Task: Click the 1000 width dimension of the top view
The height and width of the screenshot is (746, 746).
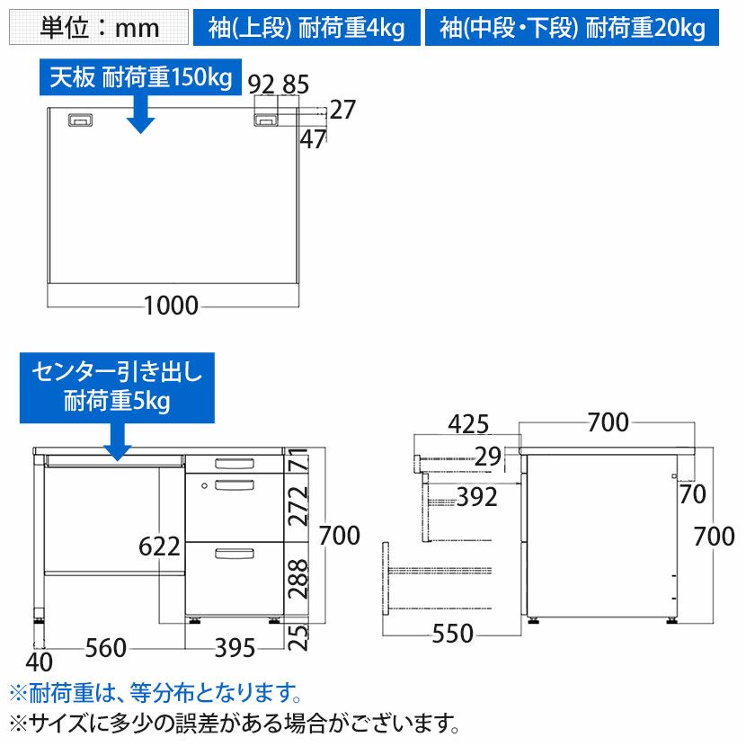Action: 171,305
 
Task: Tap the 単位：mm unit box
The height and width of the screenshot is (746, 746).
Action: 99,28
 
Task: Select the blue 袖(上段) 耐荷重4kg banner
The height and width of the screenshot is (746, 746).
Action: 306,28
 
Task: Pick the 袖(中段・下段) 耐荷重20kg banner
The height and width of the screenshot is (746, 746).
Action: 572,28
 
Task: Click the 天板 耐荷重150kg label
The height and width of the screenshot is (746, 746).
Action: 140,76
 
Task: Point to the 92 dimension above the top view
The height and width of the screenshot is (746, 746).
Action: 262,85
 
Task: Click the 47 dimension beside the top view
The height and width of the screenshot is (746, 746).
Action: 313,139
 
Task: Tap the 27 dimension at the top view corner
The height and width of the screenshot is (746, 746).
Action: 342,110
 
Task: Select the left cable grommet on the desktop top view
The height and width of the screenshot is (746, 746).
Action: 80,120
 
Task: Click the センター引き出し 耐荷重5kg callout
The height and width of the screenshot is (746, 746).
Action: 117,387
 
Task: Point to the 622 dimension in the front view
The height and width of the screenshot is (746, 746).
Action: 159,546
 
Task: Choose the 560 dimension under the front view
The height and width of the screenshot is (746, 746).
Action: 106,647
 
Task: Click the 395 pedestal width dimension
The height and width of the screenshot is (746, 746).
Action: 235,647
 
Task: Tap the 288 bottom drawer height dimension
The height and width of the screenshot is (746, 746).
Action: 298,579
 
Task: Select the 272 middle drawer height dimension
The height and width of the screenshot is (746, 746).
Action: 298,505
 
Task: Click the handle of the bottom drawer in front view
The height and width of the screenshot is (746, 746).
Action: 235,554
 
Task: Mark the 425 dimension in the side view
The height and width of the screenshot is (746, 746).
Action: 468,424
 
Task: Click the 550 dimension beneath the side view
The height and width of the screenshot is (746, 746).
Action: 452,634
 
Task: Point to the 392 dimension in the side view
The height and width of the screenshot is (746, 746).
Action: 477,497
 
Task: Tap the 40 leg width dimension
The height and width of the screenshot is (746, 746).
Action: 39,662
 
